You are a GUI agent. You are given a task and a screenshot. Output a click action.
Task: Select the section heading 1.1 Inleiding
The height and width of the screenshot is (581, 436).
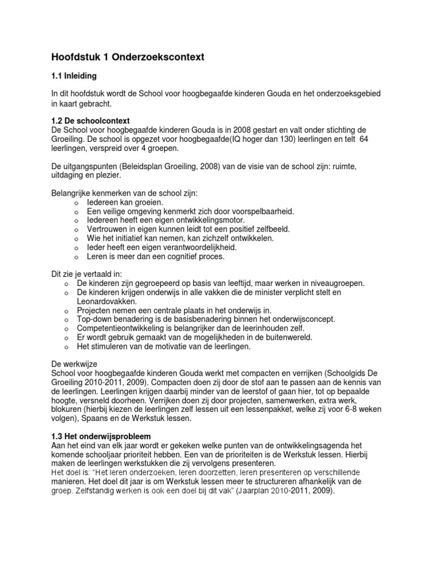pos(74,75)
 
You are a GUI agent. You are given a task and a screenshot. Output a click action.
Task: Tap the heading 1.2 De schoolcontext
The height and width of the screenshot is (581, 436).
pos(91,121)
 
